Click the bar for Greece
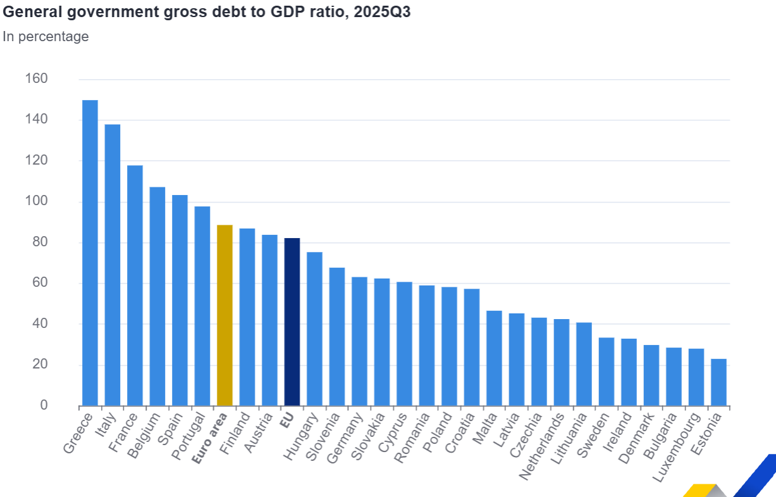[x=90, y=253]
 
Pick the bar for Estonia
[x=718, y=382]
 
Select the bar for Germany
[x=359, y=341]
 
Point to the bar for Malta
[x=494, y=358]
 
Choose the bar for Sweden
[x=606, y=372]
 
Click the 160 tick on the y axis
[x=36, y=79]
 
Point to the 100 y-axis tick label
[x=36, y=201]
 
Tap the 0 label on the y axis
[x=44, y=405]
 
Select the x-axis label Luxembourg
[x=677, y=447]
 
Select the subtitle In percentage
[x=46, y=37]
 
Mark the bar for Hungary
[x=314, y=329]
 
